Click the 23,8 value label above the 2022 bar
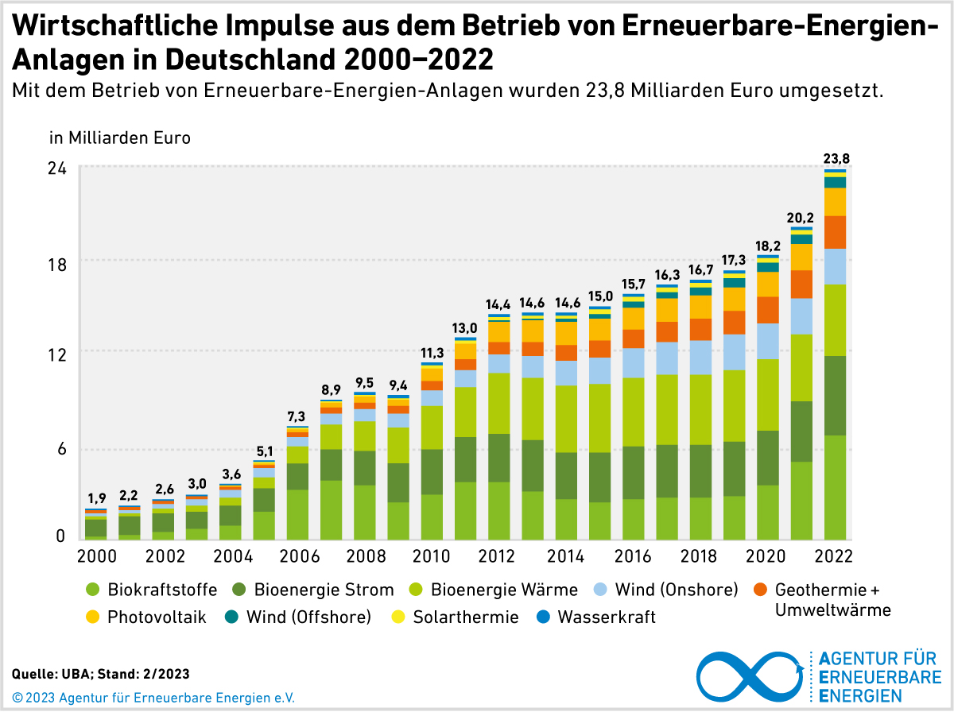(836, 158)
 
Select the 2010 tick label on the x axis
(432, 555)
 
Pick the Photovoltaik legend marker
(94, 617)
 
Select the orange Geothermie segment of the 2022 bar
(835, 232)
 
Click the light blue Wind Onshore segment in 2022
(835, 266)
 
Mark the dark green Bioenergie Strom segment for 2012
(498, 458)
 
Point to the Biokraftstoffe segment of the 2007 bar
(331, 509)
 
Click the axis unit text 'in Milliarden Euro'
(120, 137)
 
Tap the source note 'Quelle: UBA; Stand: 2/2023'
(101, 674)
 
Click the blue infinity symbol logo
(750, 675)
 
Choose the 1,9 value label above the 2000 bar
(96, 499)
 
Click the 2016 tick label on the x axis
(634, 555)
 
